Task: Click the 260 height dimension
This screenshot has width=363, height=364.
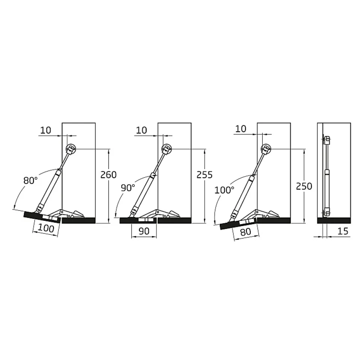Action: pyautogui.click(x=108, y=175)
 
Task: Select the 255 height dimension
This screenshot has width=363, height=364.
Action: pyautogui.click(x=204, y=175)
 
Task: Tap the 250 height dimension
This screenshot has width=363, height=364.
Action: pyautogui.click(x=304, y=186)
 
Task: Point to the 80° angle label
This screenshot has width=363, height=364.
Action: pyautogui.click(x=30, y=180)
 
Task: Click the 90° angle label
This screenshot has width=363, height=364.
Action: pyautogui.click(x=128, y=188)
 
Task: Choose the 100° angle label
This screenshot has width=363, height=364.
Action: pyautogui.click(x=224, y=190)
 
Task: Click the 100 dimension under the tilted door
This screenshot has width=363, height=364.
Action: pyautogui.click(x=46, y=228)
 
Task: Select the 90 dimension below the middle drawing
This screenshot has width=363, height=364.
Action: pyautogui.click(x=144, y=231)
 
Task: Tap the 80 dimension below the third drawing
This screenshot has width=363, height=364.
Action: pyautogui.click(x=245, y=232)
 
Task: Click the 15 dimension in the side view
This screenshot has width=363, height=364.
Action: pyautogui.click(x=343, y=231)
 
